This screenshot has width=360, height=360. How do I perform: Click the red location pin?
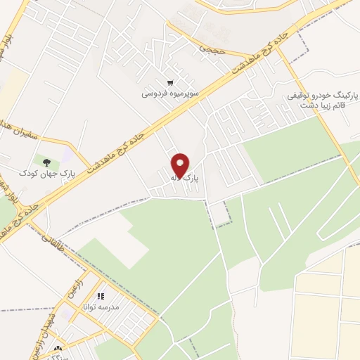181,165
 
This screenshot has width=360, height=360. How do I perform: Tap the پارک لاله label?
184,179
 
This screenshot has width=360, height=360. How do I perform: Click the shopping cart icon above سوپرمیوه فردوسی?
171,81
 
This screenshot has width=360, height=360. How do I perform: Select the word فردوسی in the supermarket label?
155,92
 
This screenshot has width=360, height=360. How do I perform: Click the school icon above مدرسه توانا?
101,297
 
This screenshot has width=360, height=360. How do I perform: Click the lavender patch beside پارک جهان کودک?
65,153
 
